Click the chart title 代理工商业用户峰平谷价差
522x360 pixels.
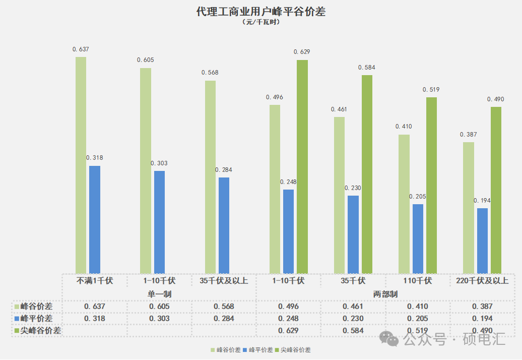point(261,12)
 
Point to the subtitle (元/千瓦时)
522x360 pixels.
point(261,22)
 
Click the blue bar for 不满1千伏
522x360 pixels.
point(95,219)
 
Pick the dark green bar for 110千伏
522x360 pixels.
point(431,185)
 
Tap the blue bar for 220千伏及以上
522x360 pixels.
point(482,241)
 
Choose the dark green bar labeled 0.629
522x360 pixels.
point(302,166)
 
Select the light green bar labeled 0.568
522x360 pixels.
point(210,176)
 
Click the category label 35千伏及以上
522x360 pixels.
point(224,281)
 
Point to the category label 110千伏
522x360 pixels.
point(418,281)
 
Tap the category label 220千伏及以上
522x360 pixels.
point(482,281)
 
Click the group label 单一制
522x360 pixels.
point(160,294)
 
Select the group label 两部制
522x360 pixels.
point(385,294)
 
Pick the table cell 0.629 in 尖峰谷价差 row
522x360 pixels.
point(288,331)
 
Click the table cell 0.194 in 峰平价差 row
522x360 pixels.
point(482,319)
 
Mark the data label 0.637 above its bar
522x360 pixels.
point(81,49)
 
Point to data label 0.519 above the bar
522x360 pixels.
point(431,90)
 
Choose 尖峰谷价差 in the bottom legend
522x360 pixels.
point(297,350)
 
